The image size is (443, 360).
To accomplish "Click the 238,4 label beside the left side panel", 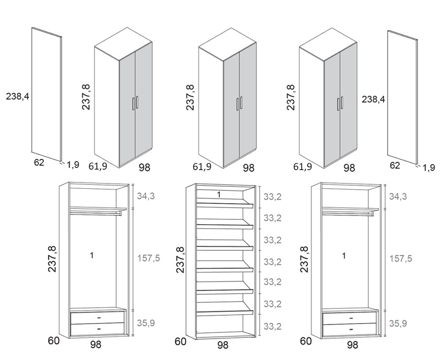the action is [18, 96].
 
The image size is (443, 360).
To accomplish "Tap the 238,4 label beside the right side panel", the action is [374, 99].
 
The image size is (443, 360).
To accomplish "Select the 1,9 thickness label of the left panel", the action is [73, 165].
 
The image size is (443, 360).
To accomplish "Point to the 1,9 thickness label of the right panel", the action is [429, 168].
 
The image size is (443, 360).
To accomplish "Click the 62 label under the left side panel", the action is [39, 163].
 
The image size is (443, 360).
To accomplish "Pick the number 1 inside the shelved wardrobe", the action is [219, 195].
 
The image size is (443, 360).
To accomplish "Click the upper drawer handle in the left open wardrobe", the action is [99, 318].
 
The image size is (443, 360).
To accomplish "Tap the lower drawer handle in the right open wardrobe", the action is [351, 329].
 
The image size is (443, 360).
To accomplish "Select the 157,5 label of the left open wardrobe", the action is [149, 258].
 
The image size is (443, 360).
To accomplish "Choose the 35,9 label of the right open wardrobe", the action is [398, 323].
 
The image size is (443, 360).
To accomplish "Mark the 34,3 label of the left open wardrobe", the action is [146, 196].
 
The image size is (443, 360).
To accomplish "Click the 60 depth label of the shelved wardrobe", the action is [181, 341].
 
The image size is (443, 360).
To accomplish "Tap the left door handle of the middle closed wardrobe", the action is [238, 104].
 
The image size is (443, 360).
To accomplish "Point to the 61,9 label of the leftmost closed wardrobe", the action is [98, 166].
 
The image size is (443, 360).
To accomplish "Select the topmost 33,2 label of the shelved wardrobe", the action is [273, 197].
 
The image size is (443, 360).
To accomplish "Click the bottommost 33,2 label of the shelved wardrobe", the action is [273, 327].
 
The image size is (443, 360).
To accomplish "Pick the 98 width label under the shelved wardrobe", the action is [222, 345].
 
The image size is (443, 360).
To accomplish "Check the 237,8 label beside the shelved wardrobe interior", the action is [180, 260].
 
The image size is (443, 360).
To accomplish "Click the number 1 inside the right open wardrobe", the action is [344, 256].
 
